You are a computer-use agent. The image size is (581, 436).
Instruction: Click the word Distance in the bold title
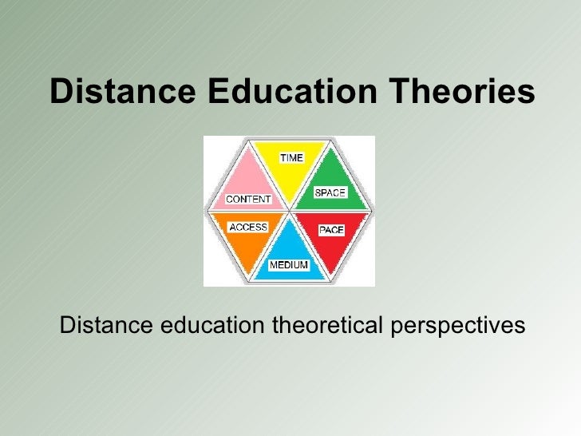click(122, 92)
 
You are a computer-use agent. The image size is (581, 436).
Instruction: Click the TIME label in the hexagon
click(291, 157)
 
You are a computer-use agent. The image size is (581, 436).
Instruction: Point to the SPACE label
click(330, 192)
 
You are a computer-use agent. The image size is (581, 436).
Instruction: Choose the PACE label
click(331, 230)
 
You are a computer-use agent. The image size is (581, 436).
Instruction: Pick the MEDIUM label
click(289, 264)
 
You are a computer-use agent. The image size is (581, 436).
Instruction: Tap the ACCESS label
click(248, 227)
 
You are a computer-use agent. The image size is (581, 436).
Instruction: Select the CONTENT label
click(248, 199)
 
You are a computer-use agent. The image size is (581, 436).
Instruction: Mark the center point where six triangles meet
click(289, 212)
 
